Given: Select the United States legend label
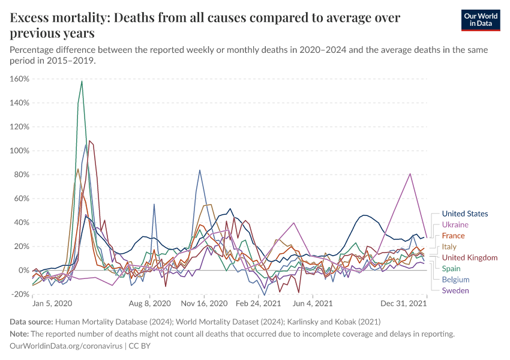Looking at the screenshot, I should (x=464, y=214).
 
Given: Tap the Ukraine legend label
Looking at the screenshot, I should (x=455, y=224).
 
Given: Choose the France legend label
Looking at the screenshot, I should (x=453, y=236).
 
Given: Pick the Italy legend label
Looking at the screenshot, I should (x=449, y=247).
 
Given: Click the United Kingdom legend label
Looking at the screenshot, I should (x=469, y=257).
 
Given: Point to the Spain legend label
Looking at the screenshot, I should (x=451, y=269).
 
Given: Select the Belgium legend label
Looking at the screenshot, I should (x=455, y=280).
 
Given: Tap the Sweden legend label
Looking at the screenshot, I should (x=455, y=290).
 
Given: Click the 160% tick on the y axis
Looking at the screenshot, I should (x=20, y=79).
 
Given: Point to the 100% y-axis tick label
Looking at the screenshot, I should (x=20, y=151).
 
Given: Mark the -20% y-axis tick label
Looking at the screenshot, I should (x=20, y=294).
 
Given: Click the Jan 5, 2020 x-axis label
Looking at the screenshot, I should (x=52, y=304).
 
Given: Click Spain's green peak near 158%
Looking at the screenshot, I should (x=82, y=81).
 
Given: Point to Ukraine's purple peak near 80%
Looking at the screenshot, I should (x=410, y=174).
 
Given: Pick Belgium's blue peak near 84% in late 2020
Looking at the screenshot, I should (x=200, y=170).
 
